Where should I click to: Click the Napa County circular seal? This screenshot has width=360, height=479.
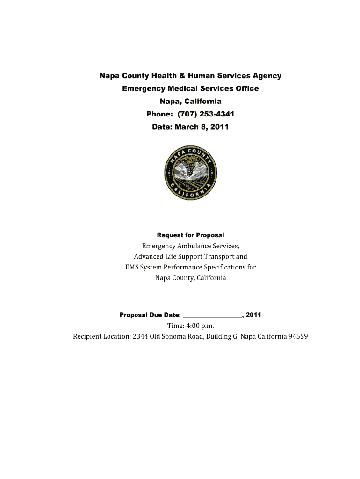tap(190, 173)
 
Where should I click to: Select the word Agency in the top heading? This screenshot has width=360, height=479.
tap(266, 76)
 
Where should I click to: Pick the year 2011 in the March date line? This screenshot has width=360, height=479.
tap(219, 126)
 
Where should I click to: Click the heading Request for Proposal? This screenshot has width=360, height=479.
tap(190, 235)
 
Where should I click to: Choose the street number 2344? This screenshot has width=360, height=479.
tap(140, 337)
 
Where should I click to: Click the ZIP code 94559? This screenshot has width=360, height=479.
tap(298, 337)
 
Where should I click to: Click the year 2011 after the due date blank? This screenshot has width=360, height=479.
tap(253, 315)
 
